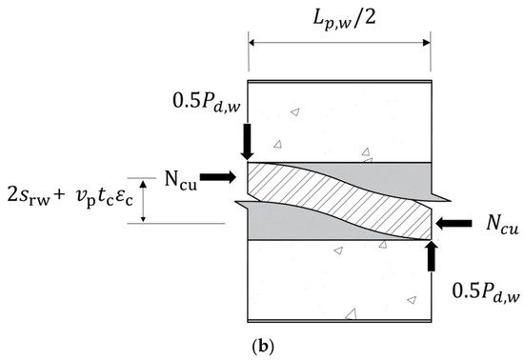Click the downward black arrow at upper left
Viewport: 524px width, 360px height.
[x=247, y=141]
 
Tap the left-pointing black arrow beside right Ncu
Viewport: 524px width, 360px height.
[x=459, y=225]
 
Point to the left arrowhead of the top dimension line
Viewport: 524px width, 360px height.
[x=253, y=42]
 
